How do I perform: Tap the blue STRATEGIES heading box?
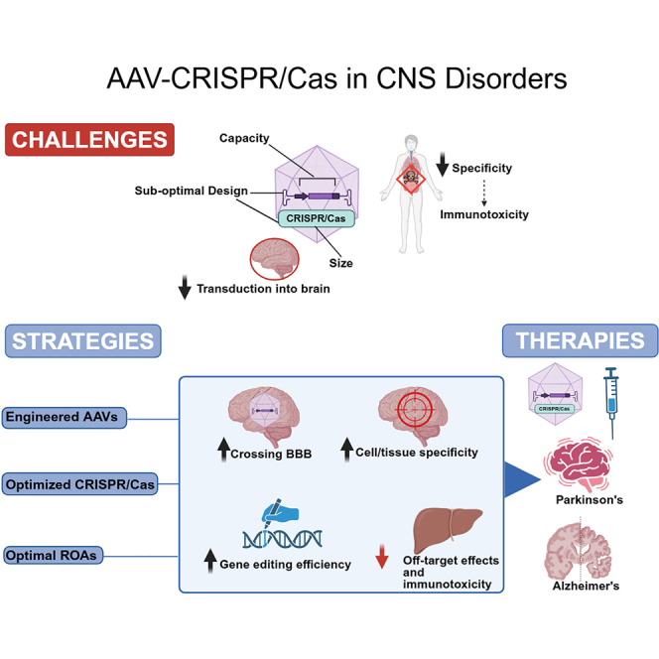coord(82,342)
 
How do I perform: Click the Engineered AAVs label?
coord(61,417)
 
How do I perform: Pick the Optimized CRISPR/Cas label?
coord(78,484)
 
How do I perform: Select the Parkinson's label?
coord(590,499)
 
